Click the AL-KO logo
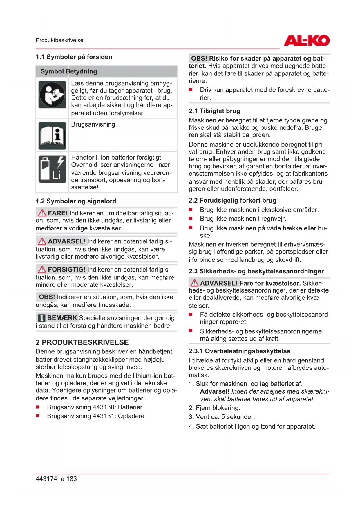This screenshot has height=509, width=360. coord(307,41)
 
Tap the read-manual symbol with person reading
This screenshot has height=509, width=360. coord(53,95)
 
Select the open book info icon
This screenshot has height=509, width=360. coord(53,136)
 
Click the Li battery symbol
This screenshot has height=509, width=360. coord(53,169)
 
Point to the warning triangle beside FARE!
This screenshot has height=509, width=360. coord(42,213)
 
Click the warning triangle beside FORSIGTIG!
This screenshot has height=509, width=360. coord(42,270)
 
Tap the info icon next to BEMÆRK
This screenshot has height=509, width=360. coord(42,318)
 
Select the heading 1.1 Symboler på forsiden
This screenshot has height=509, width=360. coord(74,57)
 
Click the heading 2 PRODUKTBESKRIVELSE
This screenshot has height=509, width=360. coord(82,342)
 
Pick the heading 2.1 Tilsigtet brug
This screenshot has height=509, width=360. coord(214,111)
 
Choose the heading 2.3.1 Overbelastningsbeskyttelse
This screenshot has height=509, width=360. coord(239,351)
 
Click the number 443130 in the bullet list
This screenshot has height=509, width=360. coord(104,407)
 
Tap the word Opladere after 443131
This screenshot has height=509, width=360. coord(131,416)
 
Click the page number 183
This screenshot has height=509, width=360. coord(72,479)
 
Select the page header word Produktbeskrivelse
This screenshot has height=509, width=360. coord(59,40)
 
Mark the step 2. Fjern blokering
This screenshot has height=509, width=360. coord(214,408)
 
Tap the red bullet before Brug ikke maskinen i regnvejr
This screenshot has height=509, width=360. coord(191,219)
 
